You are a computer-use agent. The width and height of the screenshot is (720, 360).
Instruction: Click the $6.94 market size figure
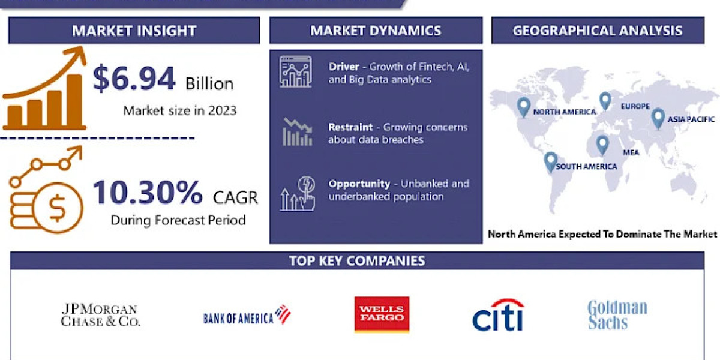(134, 79)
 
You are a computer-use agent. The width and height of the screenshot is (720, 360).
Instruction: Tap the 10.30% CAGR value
(148, 193)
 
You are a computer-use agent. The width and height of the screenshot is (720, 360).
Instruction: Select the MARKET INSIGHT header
(134, 31)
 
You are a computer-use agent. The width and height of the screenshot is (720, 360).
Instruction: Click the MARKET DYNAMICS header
(376, 31)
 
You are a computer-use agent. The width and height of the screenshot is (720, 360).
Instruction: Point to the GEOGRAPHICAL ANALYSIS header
(597, 31)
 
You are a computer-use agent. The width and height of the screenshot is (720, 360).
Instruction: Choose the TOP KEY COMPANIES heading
(357, 260)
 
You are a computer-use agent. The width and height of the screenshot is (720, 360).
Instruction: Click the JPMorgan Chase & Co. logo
(101, 315)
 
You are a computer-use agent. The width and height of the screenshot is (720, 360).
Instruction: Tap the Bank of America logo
(247, 316)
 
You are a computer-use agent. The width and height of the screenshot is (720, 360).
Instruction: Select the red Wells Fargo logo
(382, 314)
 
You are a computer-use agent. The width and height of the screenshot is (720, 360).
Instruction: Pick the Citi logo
(497, 314)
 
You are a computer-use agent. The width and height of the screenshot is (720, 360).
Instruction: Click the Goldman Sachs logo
(617, 315)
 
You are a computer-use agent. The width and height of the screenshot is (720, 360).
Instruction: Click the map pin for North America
(524, 107)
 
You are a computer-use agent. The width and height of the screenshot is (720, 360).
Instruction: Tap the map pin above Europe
(605, 101)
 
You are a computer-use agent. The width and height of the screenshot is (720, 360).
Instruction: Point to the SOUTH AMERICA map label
(586, 166)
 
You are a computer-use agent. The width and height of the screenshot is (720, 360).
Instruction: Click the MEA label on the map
(631, 152)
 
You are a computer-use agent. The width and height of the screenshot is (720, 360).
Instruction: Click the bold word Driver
(344, 67)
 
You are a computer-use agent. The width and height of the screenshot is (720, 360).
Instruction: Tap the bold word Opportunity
(359, 184)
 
